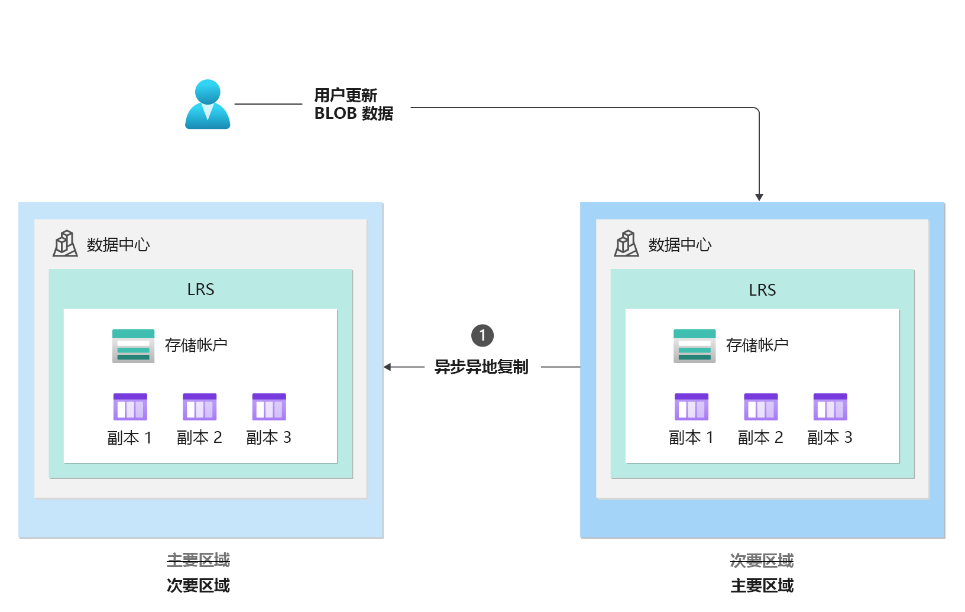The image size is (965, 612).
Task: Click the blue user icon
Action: point(208,105)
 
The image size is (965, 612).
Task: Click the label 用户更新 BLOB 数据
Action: point(354,105)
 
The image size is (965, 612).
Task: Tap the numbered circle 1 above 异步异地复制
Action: point(482,336)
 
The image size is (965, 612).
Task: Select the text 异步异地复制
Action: point(481,367)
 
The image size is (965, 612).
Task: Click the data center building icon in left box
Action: point(65,244)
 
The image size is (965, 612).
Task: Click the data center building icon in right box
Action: point(626,244)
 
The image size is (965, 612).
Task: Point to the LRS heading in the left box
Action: point(200,290)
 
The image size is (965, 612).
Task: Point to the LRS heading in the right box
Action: point(762,290)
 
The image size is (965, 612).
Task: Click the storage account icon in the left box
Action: point(133,346)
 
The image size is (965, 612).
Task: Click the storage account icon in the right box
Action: point(694,346)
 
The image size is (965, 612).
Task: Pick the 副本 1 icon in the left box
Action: point(130,407)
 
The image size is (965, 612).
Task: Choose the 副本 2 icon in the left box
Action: point(199,407)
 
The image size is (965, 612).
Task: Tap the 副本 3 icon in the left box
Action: point(269,407)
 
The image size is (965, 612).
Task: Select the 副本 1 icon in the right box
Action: point(691,407)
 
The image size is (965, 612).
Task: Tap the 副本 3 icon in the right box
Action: point(830,407)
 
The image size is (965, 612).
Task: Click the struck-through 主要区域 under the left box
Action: point(198,560)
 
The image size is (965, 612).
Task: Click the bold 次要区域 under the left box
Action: point(198,585)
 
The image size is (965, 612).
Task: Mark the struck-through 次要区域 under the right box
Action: point(762,560)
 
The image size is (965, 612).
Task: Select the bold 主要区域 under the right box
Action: point(762,585)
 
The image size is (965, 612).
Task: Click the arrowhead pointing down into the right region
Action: point(759,197)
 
